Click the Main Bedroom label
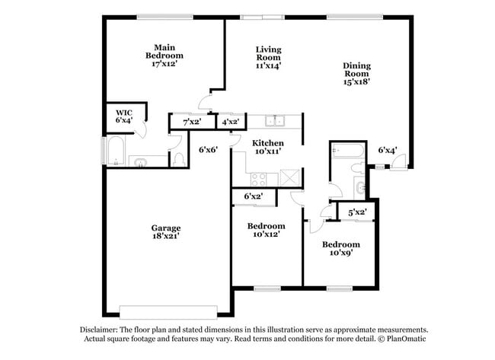click(x=164, y=56)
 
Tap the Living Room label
click(x=268, y=58)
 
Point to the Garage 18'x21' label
click(x=165, y=233)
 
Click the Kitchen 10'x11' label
click(x=267, y=148)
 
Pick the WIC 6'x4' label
click(x=124, y=116)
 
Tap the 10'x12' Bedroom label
click(x=266, y=231)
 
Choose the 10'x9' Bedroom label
click(x=340, y=249)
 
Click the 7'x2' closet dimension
click(x=192, y=122)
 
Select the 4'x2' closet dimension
click(x=231, y=122)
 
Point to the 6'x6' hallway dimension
click(x=209, y=149)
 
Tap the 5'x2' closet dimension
click(x=358, y=212)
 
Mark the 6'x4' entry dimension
click(x=388, y=150)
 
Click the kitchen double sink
click(x=274, y=120)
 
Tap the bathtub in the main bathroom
click(x=116, y=151)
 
